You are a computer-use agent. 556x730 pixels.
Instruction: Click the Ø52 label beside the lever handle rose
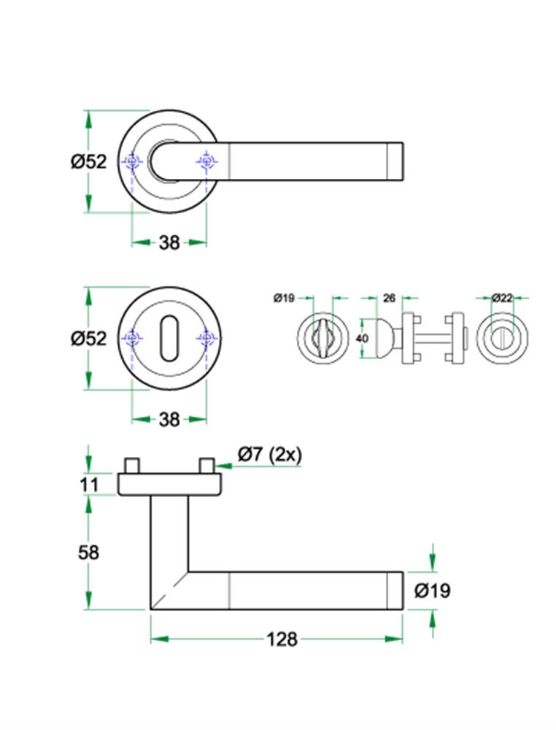click(x=88, y=161)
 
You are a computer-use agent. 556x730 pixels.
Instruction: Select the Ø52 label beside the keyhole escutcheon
click(x=88, y=339)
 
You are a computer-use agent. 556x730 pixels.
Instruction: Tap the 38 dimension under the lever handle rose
click(x=169, y=243)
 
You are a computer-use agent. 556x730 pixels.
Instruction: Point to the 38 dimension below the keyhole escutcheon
click(x=169, y=420)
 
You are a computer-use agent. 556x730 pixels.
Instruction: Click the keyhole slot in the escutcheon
click(x=169, y=338)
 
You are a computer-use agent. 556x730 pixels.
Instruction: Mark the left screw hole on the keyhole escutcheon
click(x=131, y=338)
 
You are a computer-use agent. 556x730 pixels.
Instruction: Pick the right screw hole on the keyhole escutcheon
click(x=207, y=338)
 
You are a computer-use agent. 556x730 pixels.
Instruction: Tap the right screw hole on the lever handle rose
click(x=207, y=161)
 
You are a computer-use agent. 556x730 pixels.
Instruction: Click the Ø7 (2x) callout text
click(x=269, y=454)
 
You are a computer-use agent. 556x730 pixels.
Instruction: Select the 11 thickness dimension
click(x=88, y=484)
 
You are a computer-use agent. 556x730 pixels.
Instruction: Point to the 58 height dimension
click(x=88, y=553)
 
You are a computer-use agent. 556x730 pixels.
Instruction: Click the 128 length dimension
click(x=282, y=639)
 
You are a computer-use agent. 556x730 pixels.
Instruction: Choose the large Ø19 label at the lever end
click(x=433, y=591)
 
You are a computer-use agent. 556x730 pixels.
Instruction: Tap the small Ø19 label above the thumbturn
click(x=283, y=298)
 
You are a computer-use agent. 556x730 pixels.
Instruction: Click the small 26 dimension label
click(x=388, y=298)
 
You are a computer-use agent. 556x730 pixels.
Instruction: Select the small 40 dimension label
click(x=362, y=339)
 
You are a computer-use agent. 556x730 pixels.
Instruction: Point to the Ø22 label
click(x=502, y=298)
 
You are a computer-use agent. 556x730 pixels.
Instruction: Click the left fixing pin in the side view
click(x=132, y=465)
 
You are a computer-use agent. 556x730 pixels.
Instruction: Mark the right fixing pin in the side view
click(x=206, y=465)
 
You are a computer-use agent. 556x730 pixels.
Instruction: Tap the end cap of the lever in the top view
click(x=393, y=161)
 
